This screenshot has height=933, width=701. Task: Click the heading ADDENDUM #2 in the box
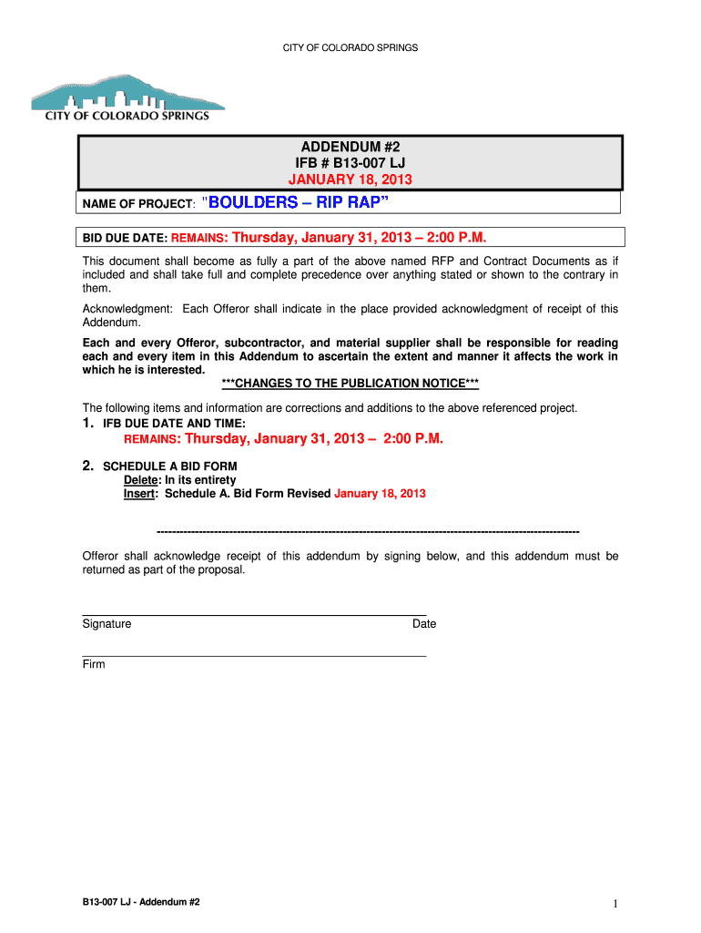(x=350, y=148)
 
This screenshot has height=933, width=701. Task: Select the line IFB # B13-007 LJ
(x=350, y=163)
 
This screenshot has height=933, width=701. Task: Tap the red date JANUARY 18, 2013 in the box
(x=350, y=179)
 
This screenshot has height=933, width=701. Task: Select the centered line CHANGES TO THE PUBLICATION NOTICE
(x=350, y=384)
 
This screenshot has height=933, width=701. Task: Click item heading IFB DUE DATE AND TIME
(x=174, y=424)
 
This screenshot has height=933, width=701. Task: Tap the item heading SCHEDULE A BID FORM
(x=169, y=466)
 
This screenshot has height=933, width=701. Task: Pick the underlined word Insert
(x=139, y=494)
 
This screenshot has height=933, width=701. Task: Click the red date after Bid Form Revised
(x=380, y=494)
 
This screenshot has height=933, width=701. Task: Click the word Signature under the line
(x=107, y=624)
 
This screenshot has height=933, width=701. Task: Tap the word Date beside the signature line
(x=424, y=624)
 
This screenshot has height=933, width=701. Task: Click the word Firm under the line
(x=94, y=664)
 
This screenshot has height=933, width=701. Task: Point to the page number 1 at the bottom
(x=615, y=904)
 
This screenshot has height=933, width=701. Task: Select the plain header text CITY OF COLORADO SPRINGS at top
(x=350, y=46)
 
